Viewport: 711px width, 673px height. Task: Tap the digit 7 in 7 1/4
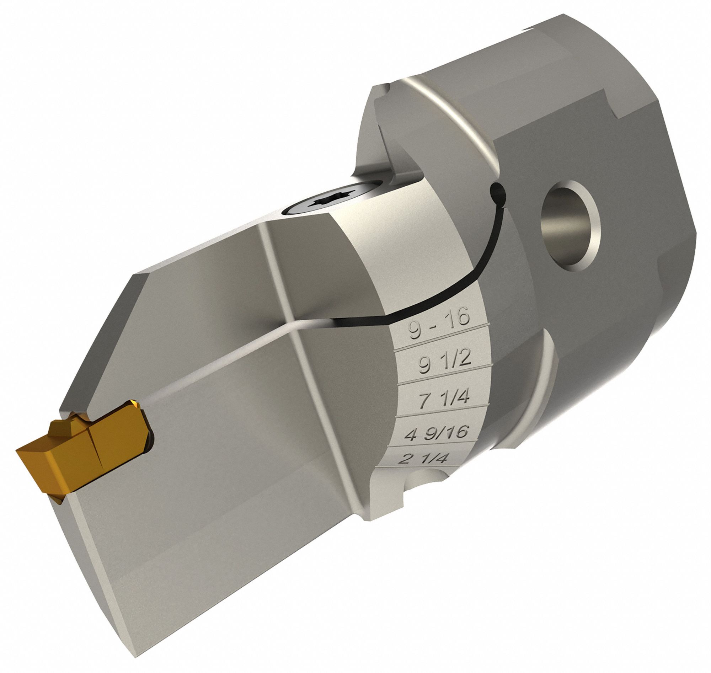(x=424, y=401)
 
